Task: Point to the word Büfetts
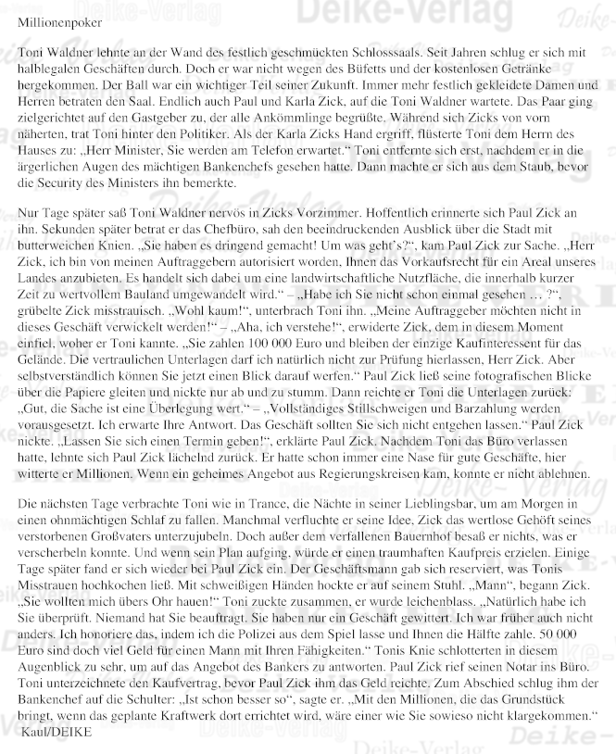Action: point(400,72)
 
